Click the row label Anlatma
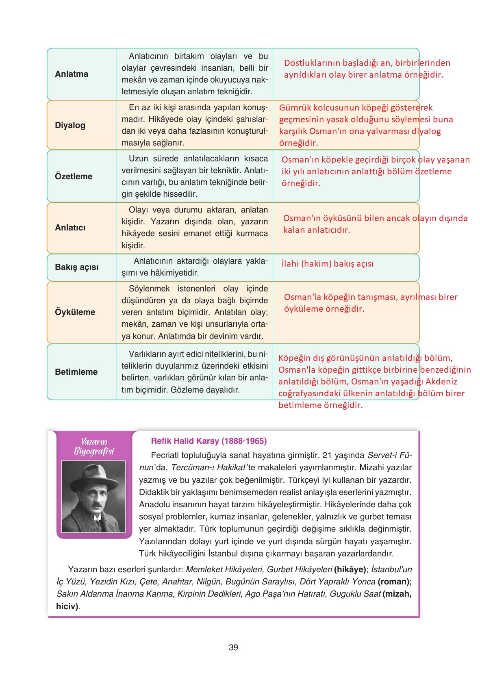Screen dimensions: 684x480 click(72, 74)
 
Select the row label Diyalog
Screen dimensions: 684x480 click(70, 125)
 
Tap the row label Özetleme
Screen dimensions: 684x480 click(74, 176)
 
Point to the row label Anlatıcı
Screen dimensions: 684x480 click(70, 228)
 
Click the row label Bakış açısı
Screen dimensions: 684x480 click(76, 267)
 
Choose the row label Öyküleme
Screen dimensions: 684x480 click(75, 312)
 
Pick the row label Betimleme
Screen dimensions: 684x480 click(76, 372)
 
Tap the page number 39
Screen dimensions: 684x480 click(233, 647)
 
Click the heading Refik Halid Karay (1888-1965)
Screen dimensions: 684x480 click(209, 441)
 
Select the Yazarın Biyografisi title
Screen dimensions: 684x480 click(94, 447)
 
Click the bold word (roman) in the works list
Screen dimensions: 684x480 click(393, 582)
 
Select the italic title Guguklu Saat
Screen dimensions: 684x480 click(355, 594)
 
